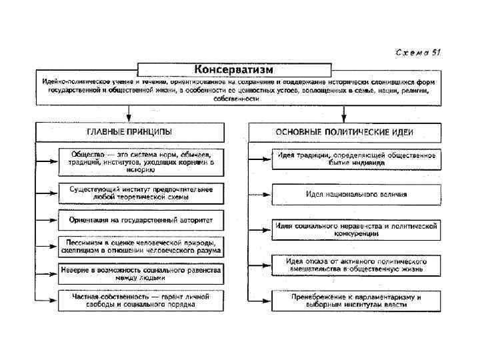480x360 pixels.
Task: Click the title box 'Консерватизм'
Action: click(x=233, y=69)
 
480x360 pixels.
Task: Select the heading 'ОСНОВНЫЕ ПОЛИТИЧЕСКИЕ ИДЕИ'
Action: click(x=343, y=132)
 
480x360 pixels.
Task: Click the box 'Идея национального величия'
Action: click(x=356, y=195)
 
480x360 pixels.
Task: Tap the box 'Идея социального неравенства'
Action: click(x=356, y=229)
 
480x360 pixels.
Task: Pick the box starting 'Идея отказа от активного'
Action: click(x=356, y=265)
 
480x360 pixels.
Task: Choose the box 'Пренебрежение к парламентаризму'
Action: click(x=356, y=300)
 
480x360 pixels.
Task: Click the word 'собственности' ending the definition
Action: click(x=237, y=99)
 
